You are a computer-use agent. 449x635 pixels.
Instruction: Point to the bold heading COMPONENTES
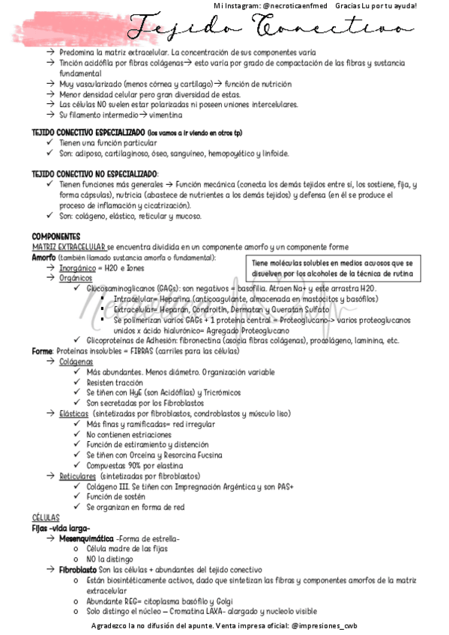[x=55, y=236]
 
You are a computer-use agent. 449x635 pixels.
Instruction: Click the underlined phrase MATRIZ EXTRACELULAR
[x=68, y=246]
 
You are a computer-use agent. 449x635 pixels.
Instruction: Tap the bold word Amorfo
[x=43, y=257]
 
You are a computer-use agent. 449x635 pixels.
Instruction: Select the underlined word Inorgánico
[x=78, y=267]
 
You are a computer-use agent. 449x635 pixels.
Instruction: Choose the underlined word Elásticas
[x=74, y=413]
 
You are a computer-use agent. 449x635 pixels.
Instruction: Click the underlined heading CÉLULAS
[x=45, y=517]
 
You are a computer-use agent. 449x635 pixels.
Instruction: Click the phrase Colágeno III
[x=109, y=486]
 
